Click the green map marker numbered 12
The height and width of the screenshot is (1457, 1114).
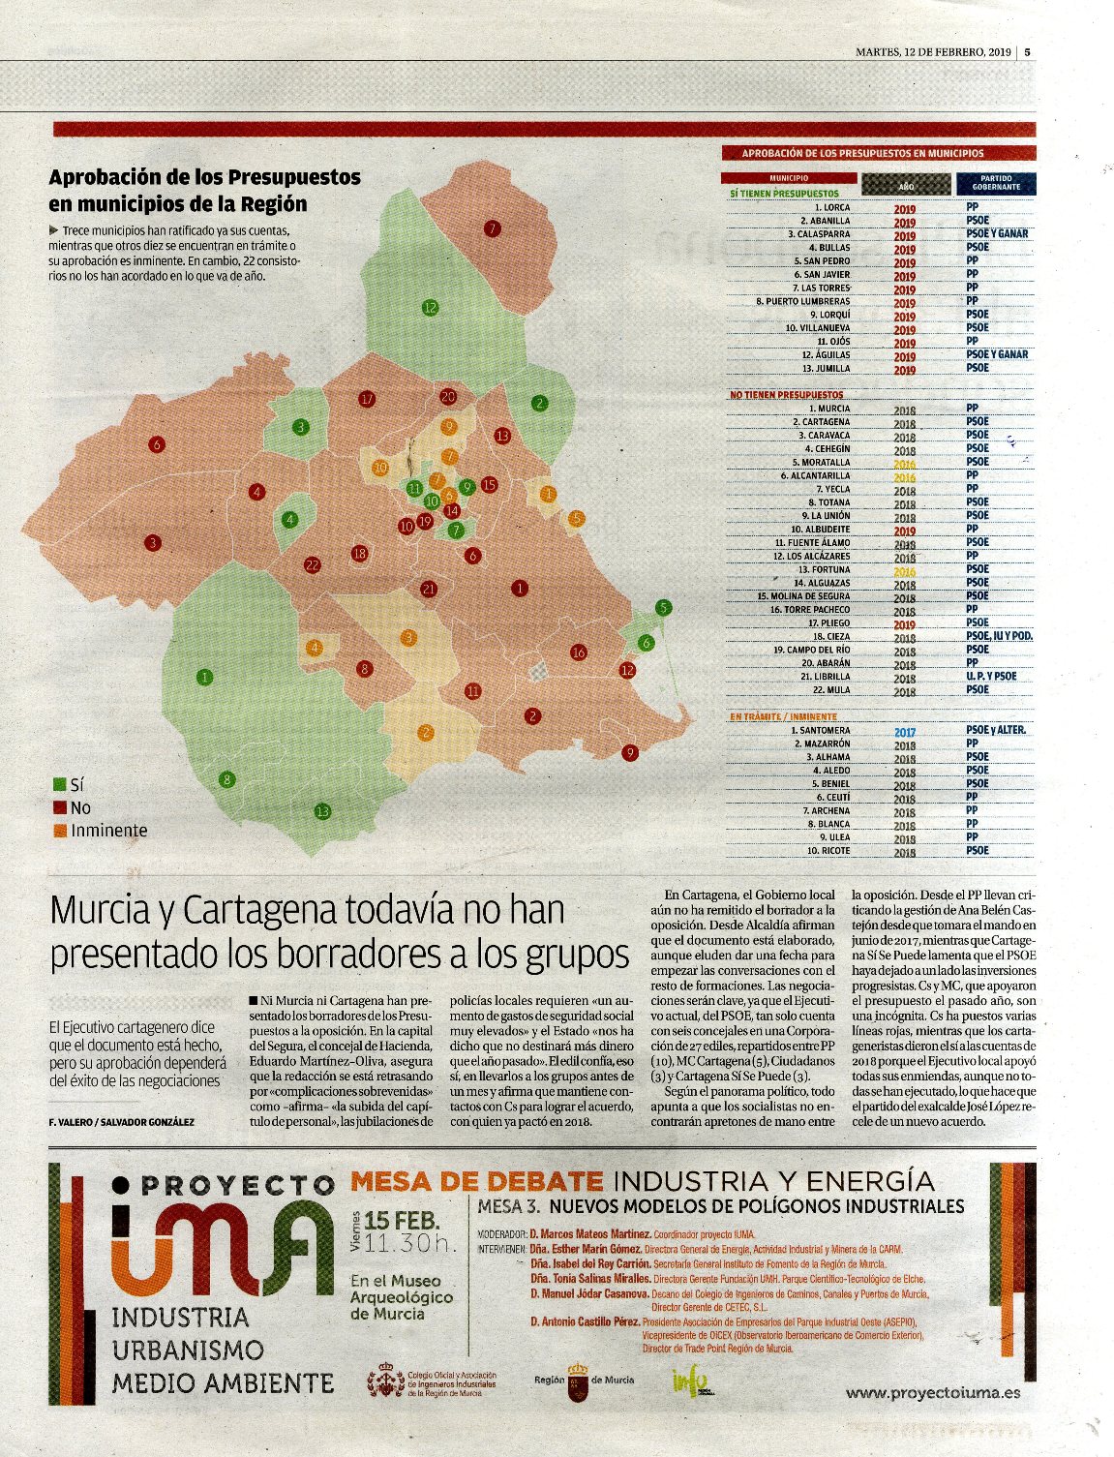(430, 308)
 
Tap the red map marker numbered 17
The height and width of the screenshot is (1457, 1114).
(366, 399)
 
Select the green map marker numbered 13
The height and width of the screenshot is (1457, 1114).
(322, 811)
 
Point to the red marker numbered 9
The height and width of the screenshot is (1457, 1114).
(630, 752)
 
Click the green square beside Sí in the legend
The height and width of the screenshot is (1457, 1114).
(59, 785)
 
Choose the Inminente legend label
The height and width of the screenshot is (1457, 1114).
(108, 831)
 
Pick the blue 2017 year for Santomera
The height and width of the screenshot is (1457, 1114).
(905, 732)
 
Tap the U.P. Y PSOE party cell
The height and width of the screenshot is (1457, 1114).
(990, 676)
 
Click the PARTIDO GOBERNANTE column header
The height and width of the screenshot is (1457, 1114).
(995, 183)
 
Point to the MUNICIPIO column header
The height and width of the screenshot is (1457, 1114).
(789, 178)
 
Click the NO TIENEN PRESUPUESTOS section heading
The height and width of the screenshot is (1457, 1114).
(786, 395)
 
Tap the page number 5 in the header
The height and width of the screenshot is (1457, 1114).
(1027, 52)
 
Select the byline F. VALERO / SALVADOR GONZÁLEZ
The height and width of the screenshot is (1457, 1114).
(121, 1121)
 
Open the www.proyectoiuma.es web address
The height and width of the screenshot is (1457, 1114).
(932, 1393)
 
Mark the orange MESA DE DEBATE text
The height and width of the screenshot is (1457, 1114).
(476, 1181)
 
